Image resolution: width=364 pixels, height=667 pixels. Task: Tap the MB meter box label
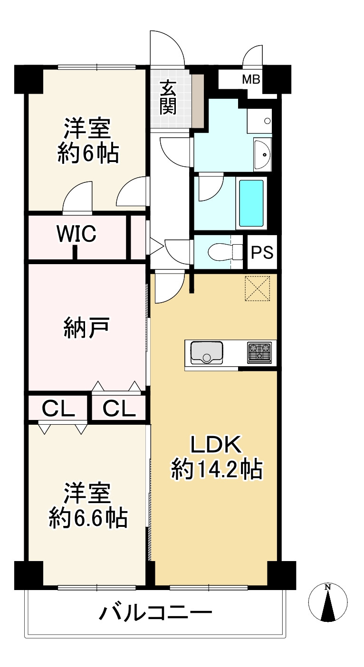(x=251, y=79)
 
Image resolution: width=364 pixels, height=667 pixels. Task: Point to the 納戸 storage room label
(x=87, y=328)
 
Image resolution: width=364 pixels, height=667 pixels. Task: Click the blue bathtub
(x=251, y=203)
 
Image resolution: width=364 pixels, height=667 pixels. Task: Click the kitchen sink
(x=207, y=353)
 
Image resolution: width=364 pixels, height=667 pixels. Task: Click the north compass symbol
(x=328, y=602)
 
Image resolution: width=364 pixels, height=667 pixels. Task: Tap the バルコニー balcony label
(x=155, y=613)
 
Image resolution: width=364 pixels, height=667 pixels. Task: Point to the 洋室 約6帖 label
(x=88, y=141)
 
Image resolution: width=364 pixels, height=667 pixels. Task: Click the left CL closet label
(x=58, y=408)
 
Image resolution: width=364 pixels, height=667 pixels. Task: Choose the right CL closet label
(x=119, y=408)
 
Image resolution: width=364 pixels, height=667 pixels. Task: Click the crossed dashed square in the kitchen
(x=257, y=288)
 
